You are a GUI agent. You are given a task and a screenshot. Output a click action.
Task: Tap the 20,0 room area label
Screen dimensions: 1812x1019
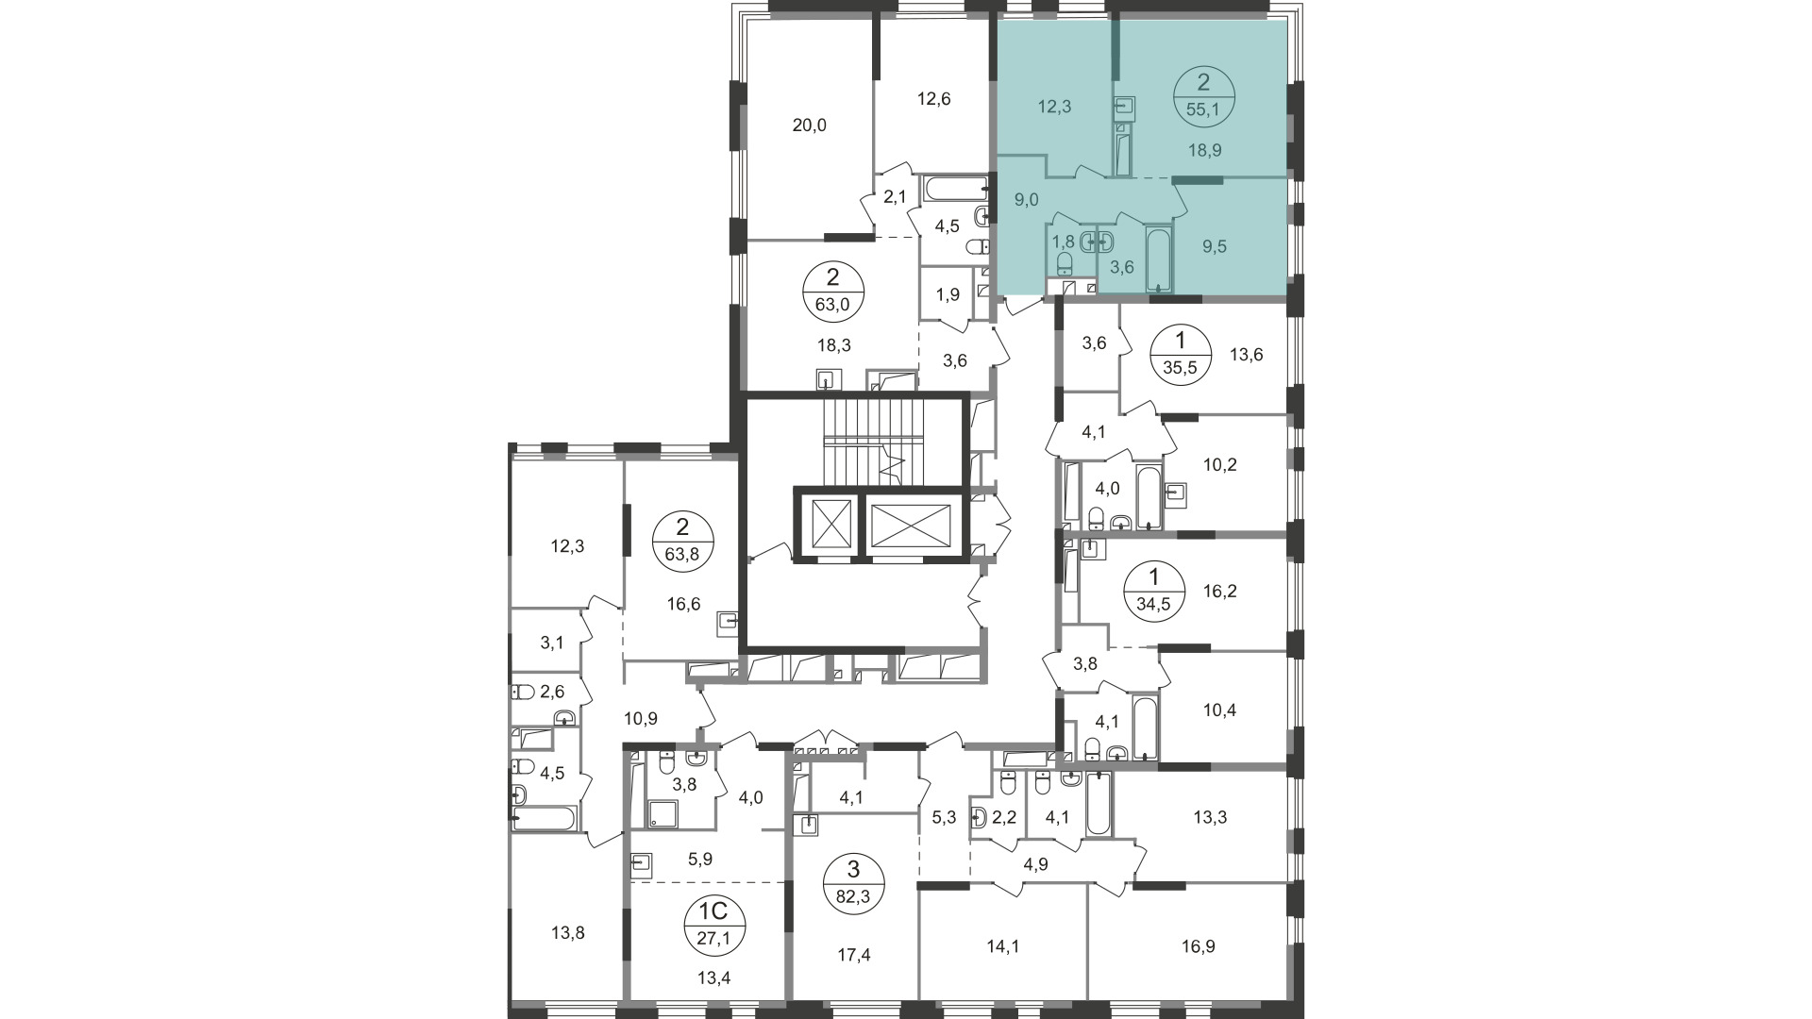point(809,125)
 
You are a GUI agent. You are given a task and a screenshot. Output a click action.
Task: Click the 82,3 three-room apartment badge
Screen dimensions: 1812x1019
point(853,884)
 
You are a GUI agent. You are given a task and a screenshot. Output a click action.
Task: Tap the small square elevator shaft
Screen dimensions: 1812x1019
point(826,522)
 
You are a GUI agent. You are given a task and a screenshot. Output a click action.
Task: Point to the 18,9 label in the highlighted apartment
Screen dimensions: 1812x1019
point(1205,150)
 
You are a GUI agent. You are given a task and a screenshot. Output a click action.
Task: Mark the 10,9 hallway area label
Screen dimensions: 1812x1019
point(641,719)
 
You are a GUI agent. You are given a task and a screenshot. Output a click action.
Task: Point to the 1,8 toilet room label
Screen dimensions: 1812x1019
point(1063,241)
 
